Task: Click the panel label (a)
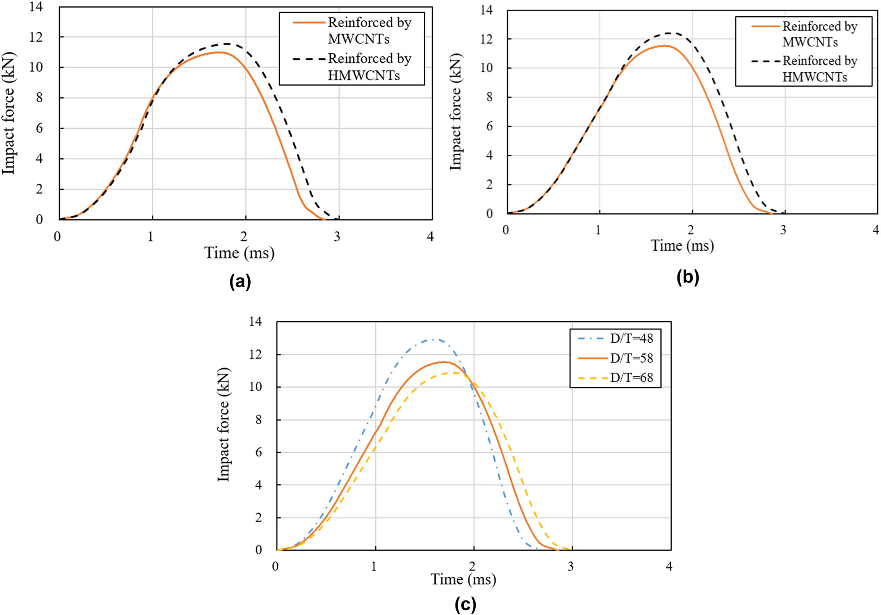240,281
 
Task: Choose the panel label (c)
465,604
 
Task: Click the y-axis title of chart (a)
9,113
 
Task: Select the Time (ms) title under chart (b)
682,245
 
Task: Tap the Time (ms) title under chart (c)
463,579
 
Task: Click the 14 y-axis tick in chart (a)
36,7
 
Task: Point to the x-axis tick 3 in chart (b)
783,230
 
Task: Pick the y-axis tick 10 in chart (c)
255,387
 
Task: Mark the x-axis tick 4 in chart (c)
669,567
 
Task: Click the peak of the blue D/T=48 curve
435,339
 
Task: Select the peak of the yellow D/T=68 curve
454,373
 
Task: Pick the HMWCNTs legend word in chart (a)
364,75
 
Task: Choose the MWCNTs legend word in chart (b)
810,42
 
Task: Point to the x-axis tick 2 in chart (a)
244,237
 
